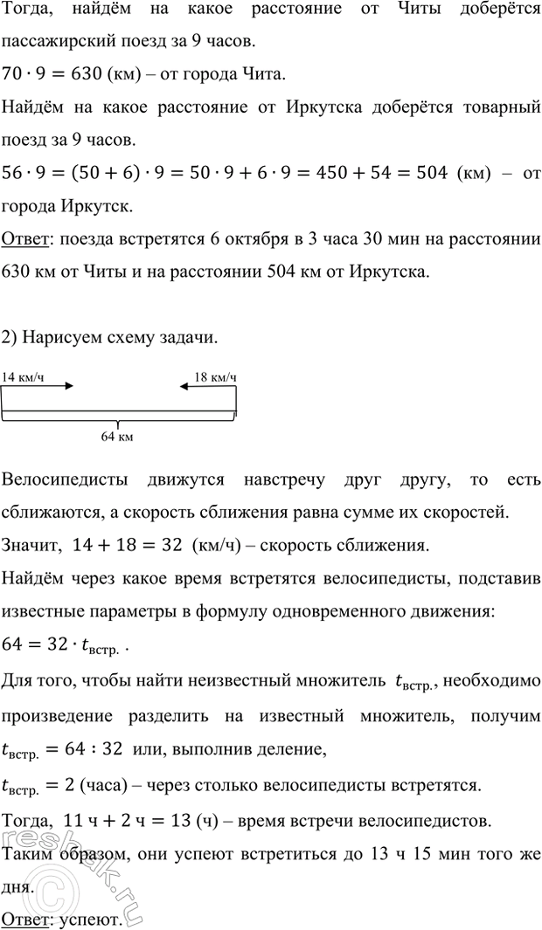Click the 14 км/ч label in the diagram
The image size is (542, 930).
(x=23, y=376)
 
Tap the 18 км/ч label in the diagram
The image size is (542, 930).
(x=214, y=376)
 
